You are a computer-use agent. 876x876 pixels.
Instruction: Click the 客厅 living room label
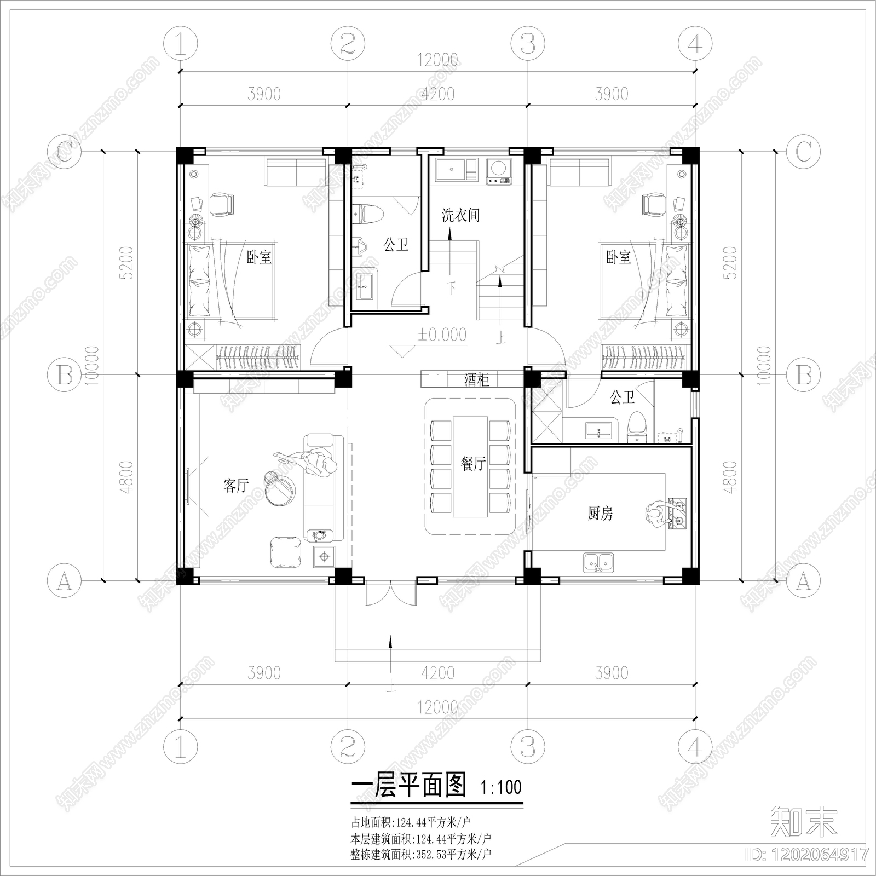(236, 485)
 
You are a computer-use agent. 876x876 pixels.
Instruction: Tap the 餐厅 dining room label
(474, 464)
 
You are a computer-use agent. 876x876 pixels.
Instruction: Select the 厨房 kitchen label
(600, 513)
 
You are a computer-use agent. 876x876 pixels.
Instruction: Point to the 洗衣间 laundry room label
(460, 215)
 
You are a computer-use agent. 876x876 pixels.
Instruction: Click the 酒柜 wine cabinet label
(476, 379)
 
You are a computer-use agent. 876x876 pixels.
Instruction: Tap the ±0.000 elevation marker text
(442, 335)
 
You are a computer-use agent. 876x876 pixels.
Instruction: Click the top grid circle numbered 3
(527, 43)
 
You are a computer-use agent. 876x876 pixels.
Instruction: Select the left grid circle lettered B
(65, 376)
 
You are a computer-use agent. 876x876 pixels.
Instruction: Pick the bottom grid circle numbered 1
(180, 746)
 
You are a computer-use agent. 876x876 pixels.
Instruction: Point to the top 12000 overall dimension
(437, 60)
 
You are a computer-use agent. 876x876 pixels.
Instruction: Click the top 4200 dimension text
(438, 94)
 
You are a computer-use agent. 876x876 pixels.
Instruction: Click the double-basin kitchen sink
(598, 562)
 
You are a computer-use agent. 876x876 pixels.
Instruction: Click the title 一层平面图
(408, 786)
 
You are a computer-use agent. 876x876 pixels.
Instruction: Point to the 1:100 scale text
(501, 788)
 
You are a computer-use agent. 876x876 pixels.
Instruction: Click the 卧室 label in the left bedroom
(259, 257)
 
